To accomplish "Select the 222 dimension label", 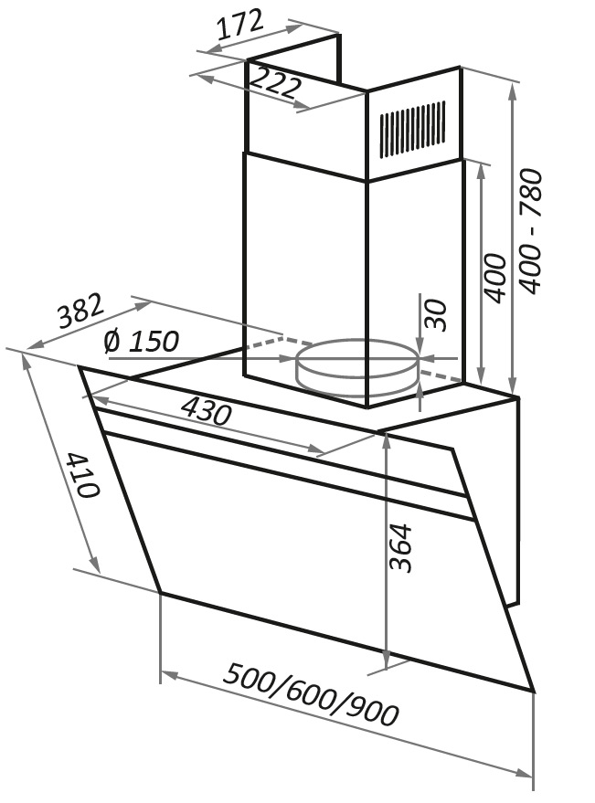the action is click(x=275, y=81).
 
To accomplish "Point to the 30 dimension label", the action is click(x=437, y=315).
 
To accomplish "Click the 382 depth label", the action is click(x=81, y=311).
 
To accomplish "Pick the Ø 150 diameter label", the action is click(x=142, y=341).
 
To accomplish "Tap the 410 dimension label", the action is click(x=82, y=475).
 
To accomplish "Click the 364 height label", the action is click(x=400, y=547).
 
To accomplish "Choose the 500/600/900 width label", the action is click(x=311, y=694).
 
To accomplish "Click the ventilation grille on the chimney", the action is click(x=412, y=129).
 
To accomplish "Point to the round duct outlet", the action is click(x=358, y=367).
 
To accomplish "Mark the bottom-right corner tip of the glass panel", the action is click(x=534, y=692).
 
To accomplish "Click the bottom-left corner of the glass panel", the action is click(x=162, y=593).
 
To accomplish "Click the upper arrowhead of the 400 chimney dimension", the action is click(x=481, y=172).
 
